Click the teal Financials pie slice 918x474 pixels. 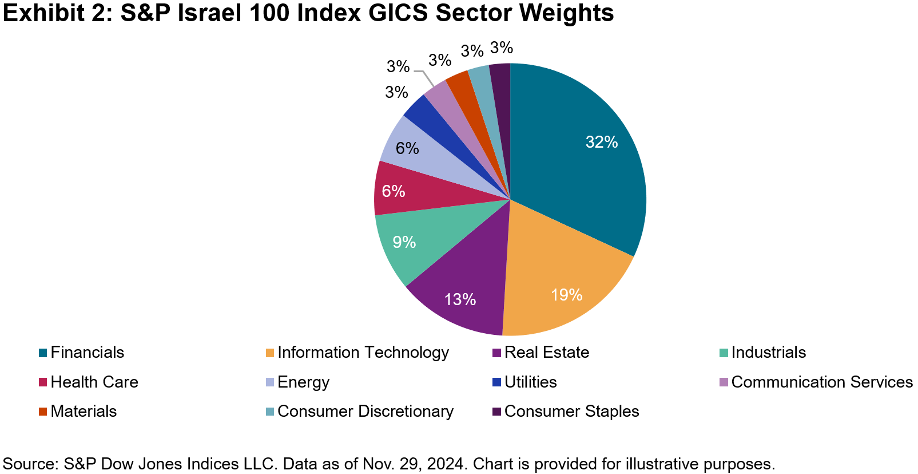click(578, 166)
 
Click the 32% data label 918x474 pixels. click(602, 142)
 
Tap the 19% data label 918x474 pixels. click(566, 295)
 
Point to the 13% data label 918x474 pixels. click(460, 299)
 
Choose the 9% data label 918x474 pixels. click(404, 242)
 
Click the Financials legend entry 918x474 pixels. click(87, 353)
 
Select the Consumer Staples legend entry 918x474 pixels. click(571, 412)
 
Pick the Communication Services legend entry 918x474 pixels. click(821, 382)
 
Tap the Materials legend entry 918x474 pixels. click(84, 412)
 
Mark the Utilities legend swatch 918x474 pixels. click(497, 382)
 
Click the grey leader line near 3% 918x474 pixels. click(425, 77)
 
